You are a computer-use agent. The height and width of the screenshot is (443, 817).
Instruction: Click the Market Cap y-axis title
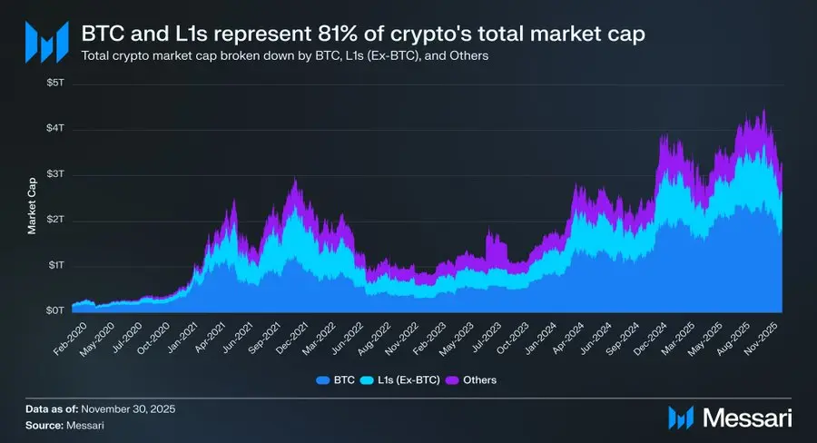click(31, 201)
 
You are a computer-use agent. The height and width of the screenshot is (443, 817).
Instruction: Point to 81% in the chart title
click(335, 34)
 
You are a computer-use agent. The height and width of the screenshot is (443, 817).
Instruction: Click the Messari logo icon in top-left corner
click(45, 41)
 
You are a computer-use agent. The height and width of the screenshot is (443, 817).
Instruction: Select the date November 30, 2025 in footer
click(125, 410)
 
